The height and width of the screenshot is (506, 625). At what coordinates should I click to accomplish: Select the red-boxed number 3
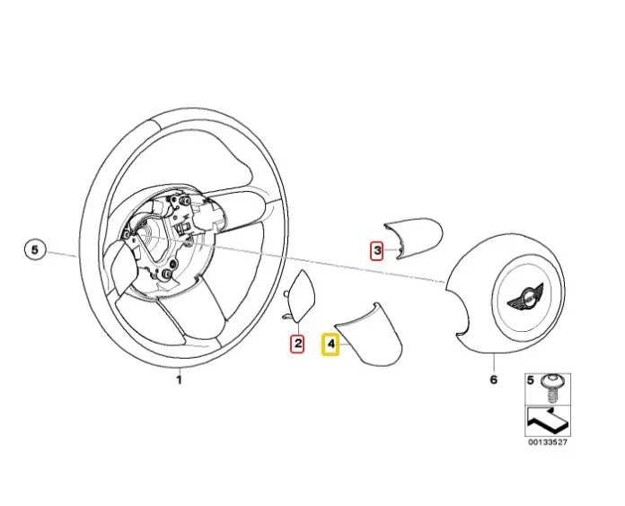pyautogui.click(x=378, y=249)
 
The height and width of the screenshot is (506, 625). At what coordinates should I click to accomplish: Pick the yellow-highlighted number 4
pyautogui.click(x=330, y=343)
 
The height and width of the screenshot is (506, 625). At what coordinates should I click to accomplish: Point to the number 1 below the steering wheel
pyautogui.click(x=178, y=380)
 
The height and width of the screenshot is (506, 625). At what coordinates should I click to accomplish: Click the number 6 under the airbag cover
pyautogui.click(x=492, y=380)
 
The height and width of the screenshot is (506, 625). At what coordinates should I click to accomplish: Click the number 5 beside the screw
pyautogui.click(x=531, y=381)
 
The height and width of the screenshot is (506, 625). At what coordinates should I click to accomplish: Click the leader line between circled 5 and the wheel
pyautogui.click(x=63, y=254)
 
